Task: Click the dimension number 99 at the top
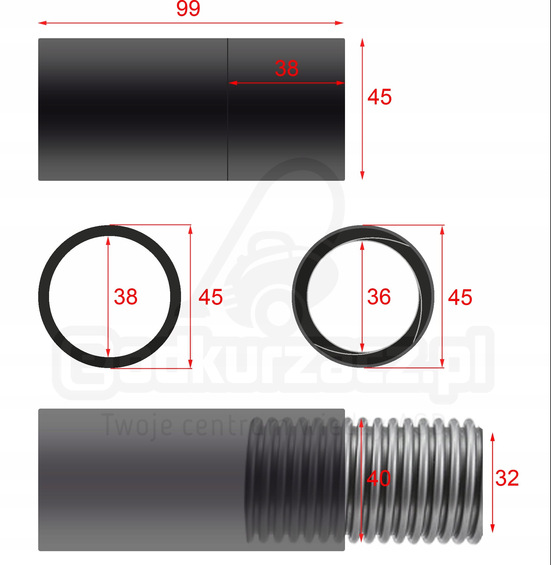188,9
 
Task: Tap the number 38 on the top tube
287,68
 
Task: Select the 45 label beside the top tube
379,97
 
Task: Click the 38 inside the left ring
125,297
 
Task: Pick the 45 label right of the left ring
210,297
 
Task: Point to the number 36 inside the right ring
379,297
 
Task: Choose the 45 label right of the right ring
460,297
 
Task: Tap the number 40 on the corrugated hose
379,478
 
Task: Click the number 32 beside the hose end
507,478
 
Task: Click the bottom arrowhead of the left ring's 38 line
108,353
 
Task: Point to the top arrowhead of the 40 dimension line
361,423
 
